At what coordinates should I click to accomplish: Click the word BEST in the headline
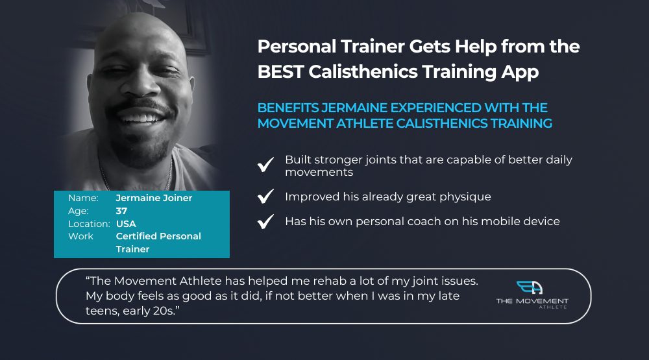coord(280,71)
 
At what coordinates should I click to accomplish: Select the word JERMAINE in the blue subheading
coord(355,108)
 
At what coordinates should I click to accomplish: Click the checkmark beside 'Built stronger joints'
coord(265,164)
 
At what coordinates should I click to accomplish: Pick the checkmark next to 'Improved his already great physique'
coord(265,196)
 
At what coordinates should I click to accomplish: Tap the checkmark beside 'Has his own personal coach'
coord(265,221)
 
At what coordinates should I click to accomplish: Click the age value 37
coord(121,211)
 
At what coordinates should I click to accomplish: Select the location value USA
coord(126,224)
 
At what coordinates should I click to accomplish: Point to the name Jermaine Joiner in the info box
coord(154,198)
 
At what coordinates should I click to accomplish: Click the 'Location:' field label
coord(89,224)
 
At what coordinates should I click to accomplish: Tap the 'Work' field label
coord(80,236)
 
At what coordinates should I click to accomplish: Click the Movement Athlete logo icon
coord(530,287)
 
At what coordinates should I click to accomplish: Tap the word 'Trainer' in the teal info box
coord(132,249)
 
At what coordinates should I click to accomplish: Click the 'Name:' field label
coord(83,198)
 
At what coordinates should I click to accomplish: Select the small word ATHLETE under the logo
coord(553,307)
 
